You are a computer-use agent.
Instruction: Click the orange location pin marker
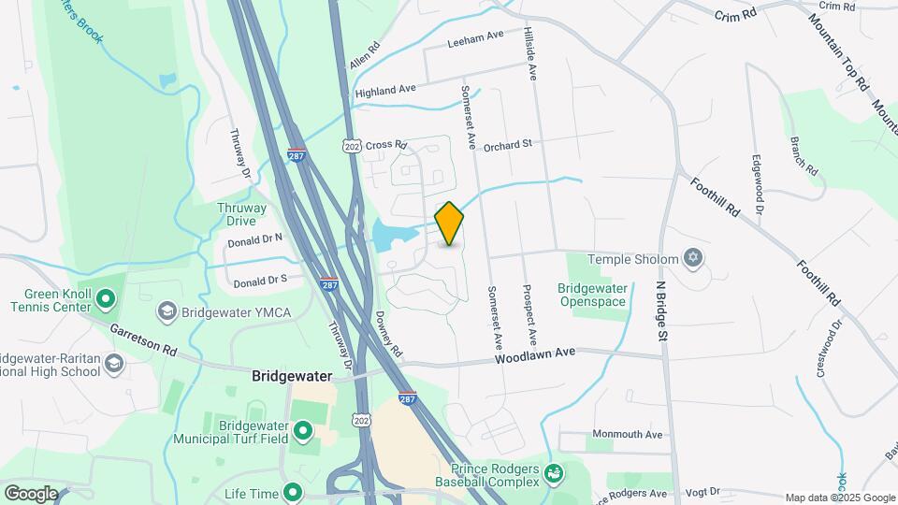coord(450,224)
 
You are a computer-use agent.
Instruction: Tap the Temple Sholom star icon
coord(693,257)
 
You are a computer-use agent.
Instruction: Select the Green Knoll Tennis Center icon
coord(106,300)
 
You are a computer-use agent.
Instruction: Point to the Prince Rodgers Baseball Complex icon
coord(555,473)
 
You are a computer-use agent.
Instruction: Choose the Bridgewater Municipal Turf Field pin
coord(303,431)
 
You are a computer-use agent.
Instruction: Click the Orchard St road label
coord(508,144)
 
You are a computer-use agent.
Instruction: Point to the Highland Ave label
coord(385,90)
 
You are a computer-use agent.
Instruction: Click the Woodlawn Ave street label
coord(534,355)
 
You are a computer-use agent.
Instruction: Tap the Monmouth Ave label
coord(627,435)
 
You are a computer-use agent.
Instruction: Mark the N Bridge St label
coord(661,310)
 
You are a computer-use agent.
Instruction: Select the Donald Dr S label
coord(261,281)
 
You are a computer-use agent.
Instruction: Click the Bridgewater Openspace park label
coord(593,295)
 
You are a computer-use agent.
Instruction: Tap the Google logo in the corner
coord(31,494)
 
